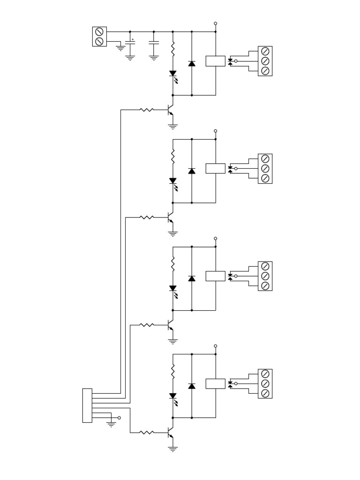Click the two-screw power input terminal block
(x=99, y=37)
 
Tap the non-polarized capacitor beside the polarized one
(x=154, y=43)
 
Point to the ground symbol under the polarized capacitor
(x=130, y=58)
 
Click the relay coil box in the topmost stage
(x=215, y=61)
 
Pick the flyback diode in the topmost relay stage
(x=192, y=63)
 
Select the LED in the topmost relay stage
(x=173, y=74)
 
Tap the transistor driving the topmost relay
(x=171, y=110)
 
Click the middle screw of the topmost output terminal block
(x=265, y=61)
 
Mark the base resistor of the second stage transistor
(x=147, y=217)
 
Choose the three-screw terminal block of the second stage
(x=265, y=168)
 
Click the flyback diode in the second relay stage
(x=192, y=171)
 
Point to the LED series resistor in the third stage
(x=173, y=264)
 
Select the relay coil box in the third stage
(x=215, y=276)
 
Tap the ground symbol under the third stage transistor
(x=173, y=341)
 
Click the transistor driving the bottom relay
(x=171, y=433)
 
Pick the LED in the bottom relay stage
(x=173, y=397)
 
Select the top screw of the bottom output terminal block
(x=265, y=374)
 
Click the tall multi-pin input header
(x=87, y=405)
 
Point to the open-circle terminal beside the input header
(x=119, y=418)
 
